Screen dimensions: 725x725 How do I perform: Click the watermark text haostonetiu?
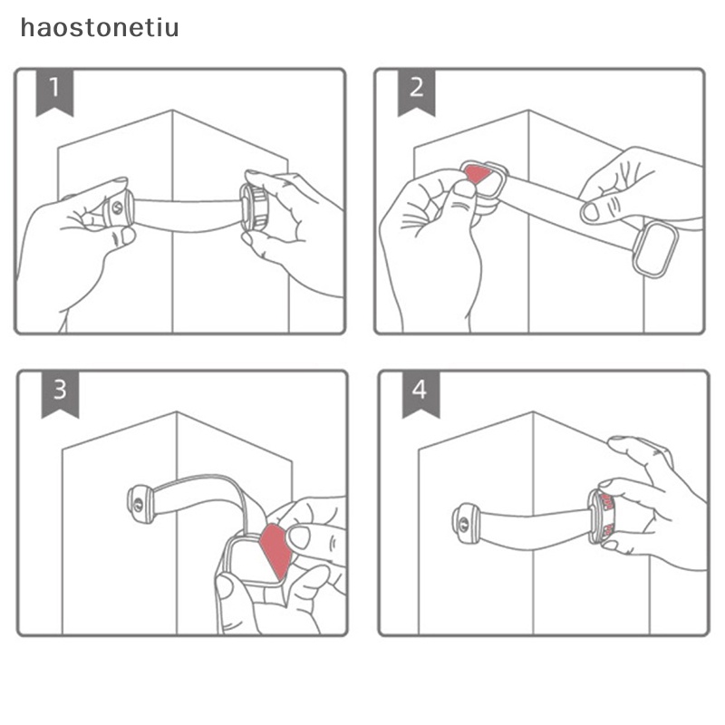(100, 28)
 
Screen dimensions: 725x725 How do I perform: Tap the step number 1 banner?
(54, 92)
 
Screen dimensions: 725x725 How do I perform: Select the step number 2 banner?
(416, 92)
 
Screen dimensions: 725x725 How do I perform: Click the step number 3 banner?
(60, 393)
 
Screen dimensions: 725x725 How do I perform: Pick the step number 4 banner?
(420, 393)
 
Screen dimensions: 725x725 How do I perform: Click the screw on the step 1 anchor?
(118, 208)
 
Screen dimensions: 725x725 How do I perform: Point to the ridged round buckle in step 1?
(254, 207)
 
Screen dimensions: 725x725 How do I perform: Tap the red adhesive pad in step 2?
(478, 173)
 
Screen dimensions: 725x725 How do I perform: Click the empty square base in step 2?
(655, 249)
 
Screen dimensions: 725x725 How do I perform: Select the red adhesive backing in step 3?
(276, 549)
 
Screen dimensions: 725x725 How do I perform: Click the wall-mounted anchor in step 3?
(140, 504)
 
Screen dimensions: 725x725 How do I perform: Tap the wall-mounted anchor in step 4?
(466, 523)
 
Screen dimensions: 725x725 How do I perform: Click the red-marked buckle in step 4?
(601, 517)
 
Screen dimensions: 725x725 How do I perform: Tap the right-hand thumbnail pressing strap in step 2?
(591, 212)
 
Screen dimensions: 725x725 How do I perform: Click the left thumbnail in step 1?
(127, 236)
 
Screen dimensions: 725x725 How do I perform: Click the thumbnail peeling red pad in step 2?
(464, 189)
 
